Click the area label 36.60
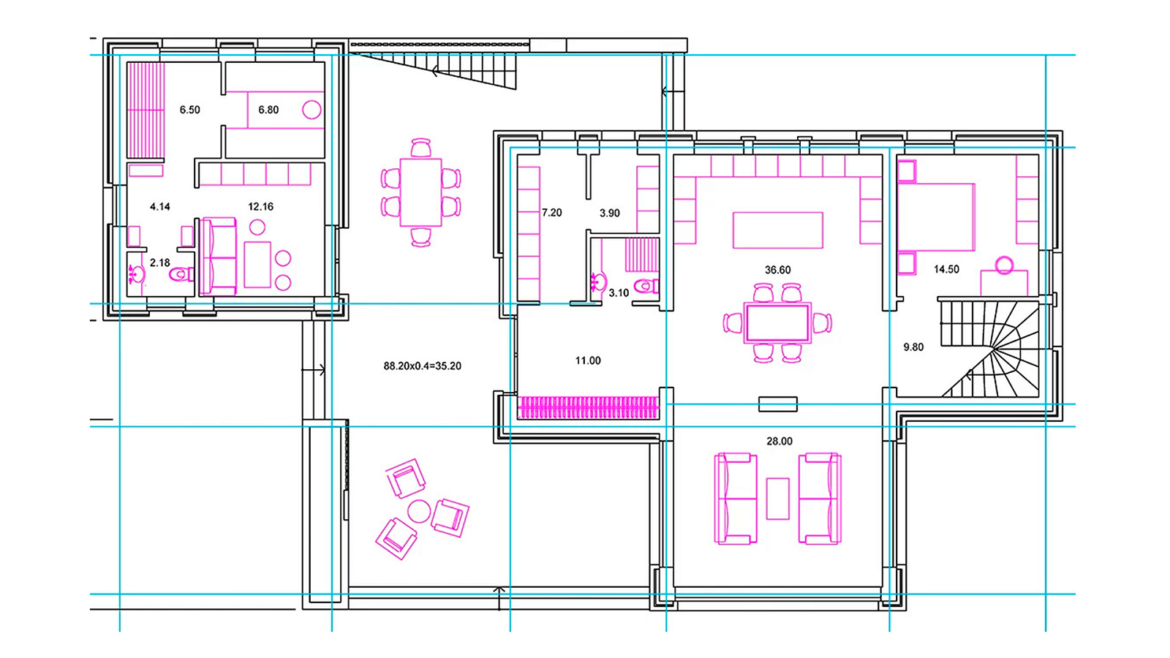(x=778, y=270)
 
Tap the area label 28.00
(x=780, y=442)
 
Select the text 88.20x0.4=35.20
(x=422, y=366)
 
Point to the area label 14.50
(x=946, y=270)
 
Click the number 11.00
(x=588, y=361)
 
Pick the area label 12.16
(x=260, y=207)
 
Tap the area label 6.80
(x=268, y=110)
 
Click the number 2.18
(x=160, y=262)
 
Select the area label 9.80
(x=913, y=347)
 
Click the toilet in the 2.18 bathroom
(x=181, y=273)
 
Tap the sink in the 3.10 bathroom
(x=599, y=282)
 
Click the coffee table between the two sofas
(x=778, y=499)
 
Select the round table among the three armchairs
(x=419, y=512)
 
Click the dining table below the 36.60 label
(x=778, y=323)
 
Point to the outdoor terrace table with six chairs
(x=421, y=192)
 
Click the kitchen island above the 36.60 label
(x=778, y=230)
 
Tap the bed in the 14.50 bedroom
(x=936, y=216)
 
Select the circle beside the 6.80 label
(x=312, y=110)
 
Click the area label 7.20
(x=551, y=213)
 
